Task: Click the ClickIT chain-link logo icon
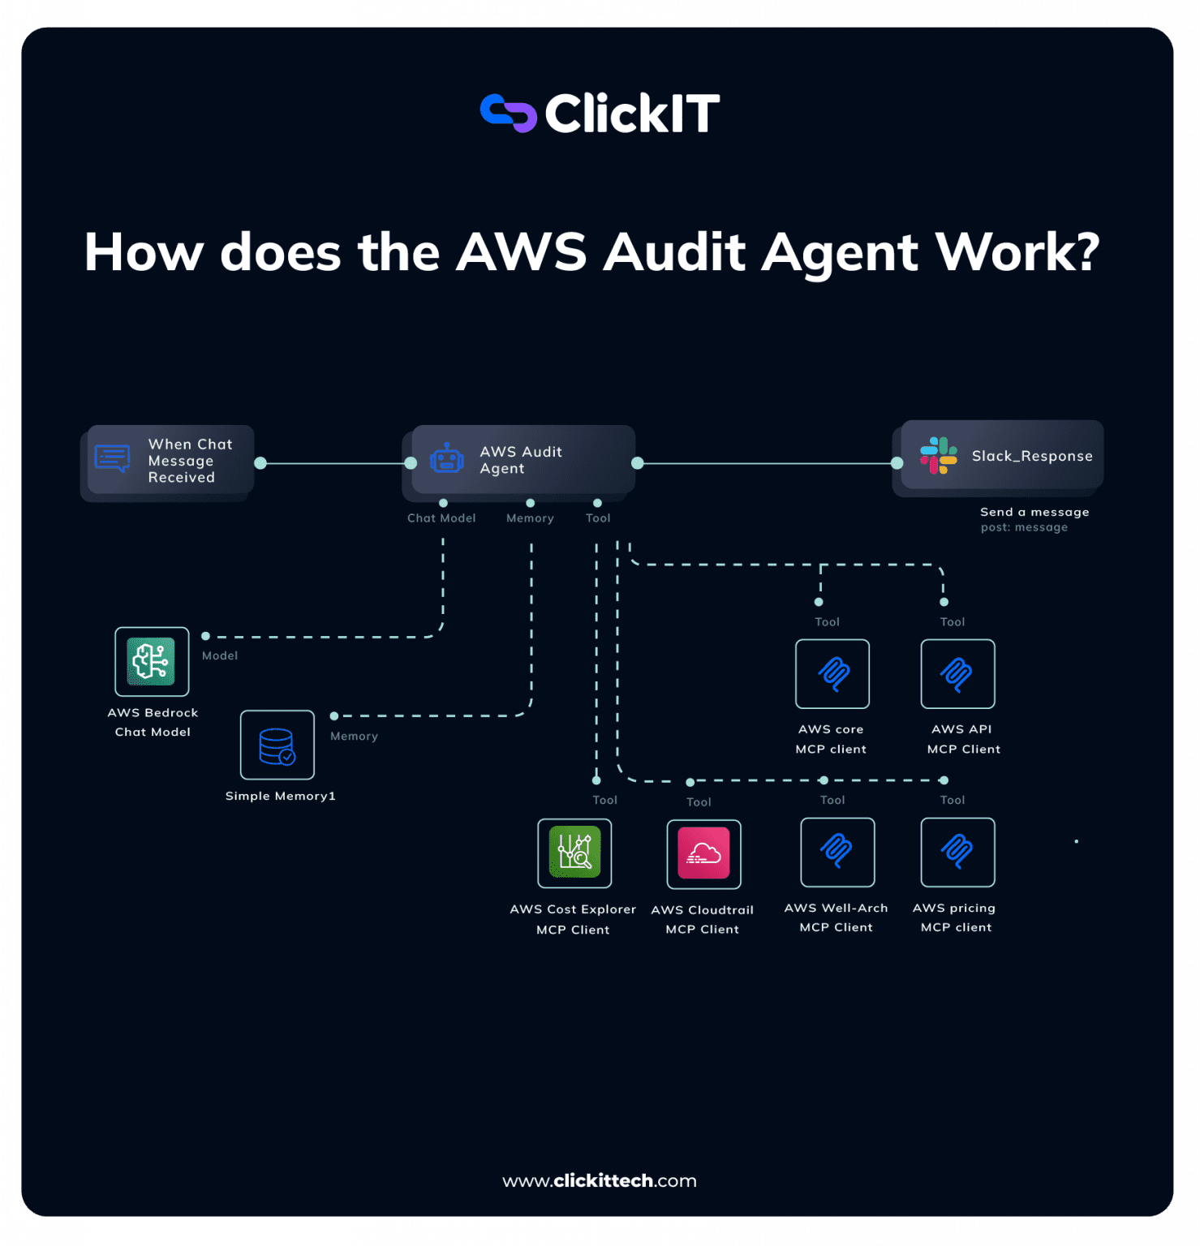pyautogui.click(x=508, y=113)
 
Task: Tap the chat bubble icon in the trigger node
pyautogui.click(x=112, y=458)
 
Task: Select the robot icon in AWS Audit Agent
pyautogui.click(x=446, y=459)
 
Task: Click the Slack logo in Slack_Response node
pyautogui.click(x=939, y=456)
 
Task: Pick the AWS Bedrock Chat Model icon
pyautogui.click(x=152, y=661)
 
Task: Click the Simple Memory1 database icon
pyautogui.click(x=277, y=745)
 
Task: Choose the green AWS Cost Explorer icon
pyautogui.click(x=574, y=853)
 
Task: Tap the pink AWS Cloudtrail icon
pyautogui.click(x=703, y=853)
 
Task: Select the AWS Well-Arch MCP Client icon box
pyautogui.click(x=837, y=852)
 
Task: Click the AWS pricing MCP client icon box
pyautogui.click(x=957, y=852)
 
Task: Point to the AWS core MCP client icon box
pyautogui.click(x=832, y=673)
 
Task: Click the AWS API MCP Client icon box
pyautogui.click(x=957, y=673)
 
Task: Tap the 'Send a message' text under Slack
pyautogui.click(x=1034, y=512)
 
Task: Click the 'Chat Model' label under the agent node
pyautogui.click(x=441, y=518)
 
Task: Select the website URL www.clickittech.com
pyautogui.click(x=600, y=1180)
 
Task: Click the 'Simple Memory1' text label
pyautogui.click(x=281, y=796)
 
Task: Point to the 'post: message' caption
pyautogui.click(x=1024, y=527)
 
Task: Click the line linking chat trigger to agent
pyautogui.click(x=335, y=463)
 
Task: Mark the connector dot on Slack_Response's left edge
pyautogui.click(x=897, y=463)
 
